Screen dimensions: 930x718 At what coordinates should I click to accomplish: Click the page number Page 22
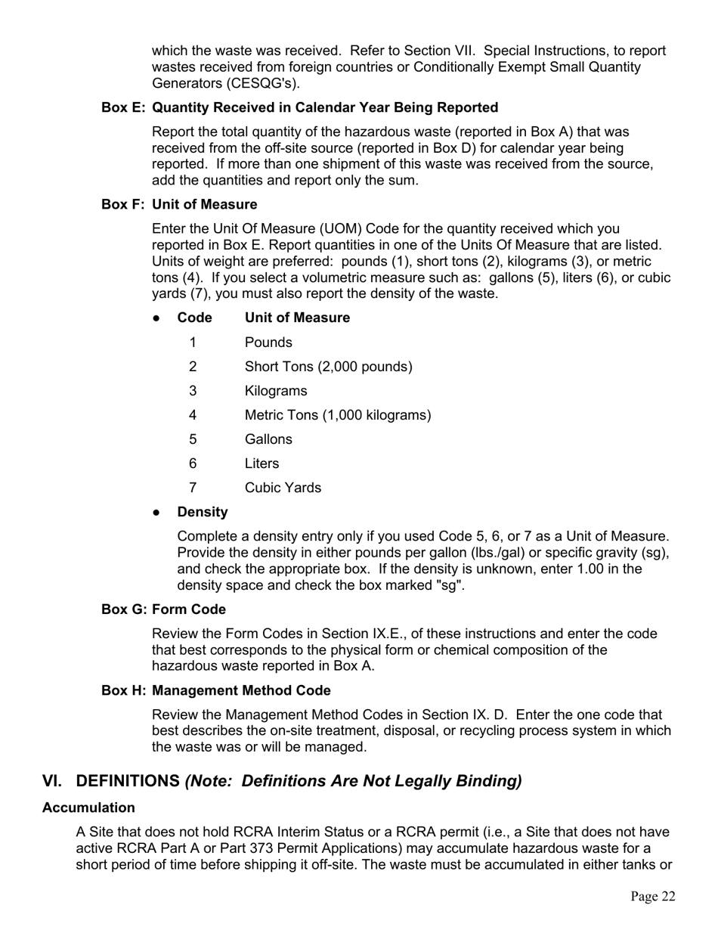(x=653, y=897)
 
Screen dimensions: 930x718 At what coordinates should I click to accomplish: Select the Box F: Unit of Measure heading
(x=179, y=205)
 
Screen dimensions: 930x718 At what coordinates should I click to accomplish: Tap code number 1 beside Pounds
(x=193, y=343)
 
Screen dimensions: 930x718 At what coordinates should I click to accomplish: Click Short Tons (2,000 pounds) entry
(x=329, y=367)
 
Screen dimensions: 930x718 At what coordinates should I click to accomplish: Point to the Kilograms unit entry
(x=276, y=391)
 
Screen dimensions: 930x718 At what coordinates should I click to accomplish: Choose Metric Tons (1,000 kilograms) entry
(x=338, y=415)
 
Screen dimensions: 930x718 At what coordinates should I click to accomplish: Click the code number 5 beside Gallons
(x=193, y=439)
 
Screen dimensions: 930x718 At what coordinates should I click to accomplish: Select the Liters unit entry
(x=262, y=463)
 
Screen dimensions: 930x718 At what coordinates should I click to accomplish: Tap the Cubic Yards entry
(x=283, y=488)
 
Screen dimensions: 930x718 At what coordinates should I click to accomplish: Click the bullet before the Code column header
(x=157, y=318)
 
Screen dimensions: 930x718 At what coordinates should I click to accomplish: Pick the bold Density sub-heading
(x=203, y=512)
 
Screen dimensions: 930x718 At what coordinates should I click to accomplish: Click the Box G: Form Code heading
(x=163, y=609)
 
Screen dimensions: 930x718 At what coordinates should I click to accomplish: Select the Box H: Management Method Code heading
(x=216, y=690)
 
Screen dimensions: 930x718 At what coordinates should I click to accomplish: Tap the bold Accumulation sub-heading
(x=88, y=808)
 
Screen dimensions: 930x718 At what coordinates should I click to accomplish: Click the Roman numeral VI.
(x=52, y=781)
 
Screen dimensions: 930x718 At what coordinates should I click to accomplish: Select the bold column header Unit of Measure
(x=297, y=318)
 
